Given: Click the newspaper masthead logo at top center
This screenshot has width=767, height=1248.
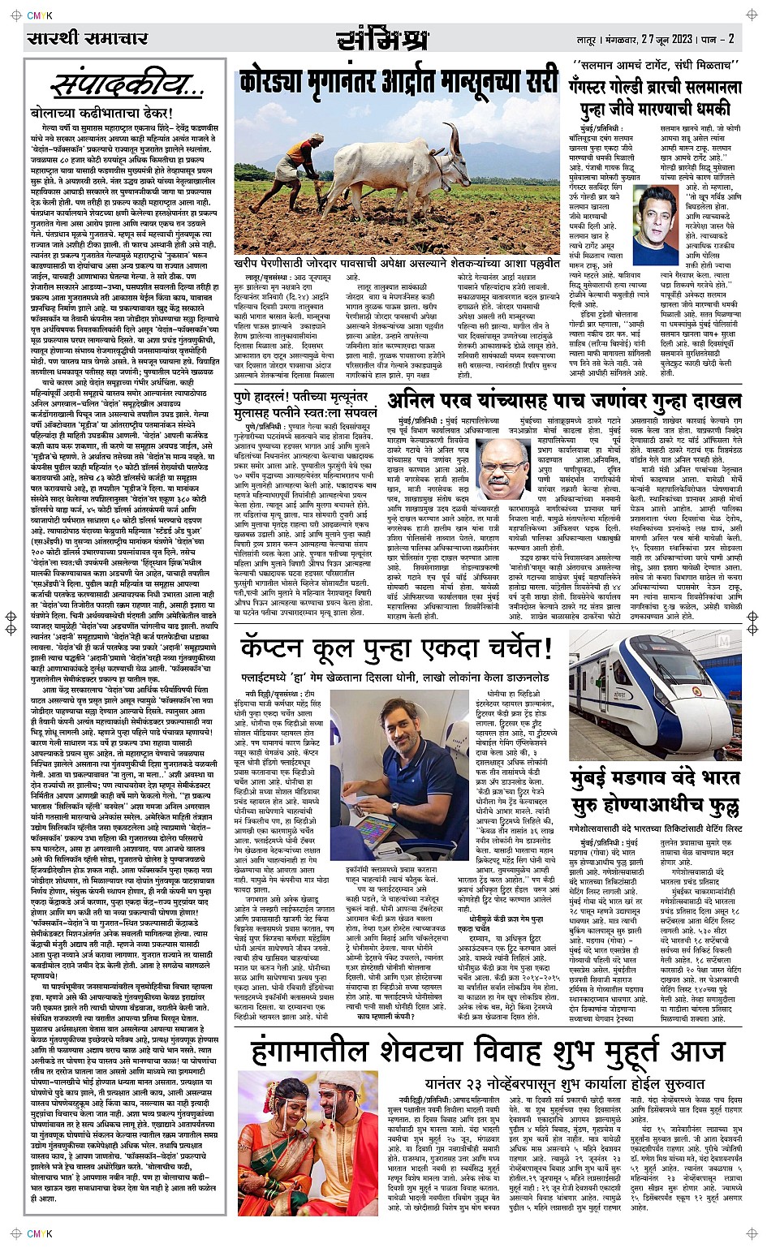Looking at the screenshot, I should coord(382,39).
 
